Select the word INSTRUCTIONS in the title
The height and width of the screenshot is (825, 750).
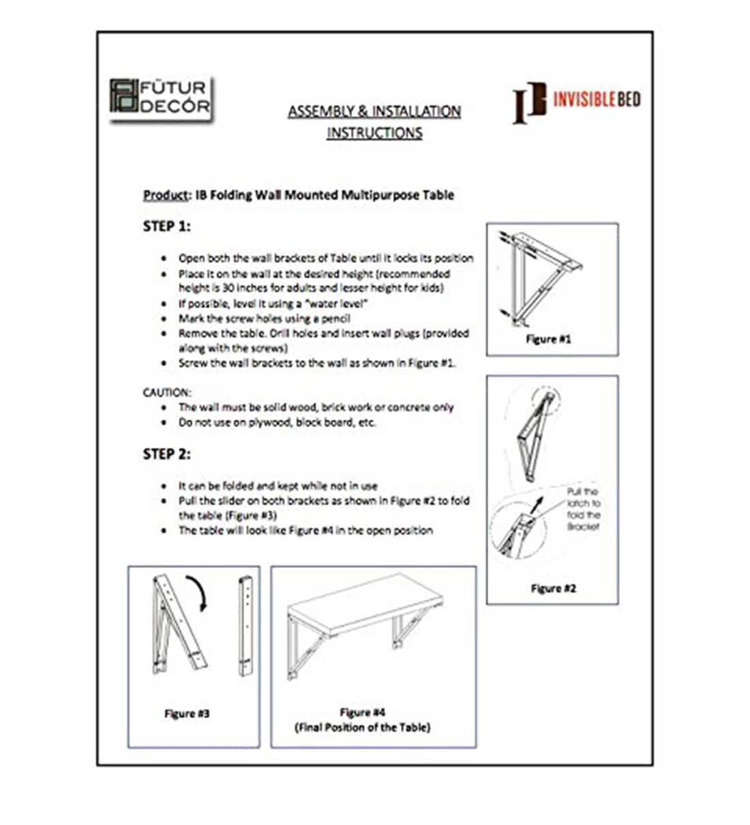(x=374, y=132)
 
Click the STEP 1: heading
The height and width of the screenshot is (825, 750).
(x=166, y=226)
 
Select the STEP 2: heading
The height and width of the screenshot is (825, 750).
(x=166, y=454)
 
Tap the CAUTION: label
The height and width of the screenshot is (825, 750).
(x=167, y=392)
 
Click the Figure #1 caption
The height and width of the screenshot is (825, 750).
(x=548, y=339)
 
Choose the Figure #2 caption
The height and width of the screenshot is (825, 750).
(x=553, y=588)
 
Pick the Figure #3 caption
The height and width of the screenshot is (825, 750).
(x=187, y=713)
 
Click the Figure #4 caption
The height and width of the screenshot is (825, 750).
(x=362, y=712)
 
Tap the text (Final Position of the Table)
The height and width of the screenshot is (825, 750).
(x=362, y=727)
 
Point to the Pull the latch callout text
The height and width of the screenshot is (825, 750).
(x=583, y=509)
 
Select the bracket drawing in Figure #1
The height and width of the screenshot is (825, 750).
(x=539, y=276)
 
